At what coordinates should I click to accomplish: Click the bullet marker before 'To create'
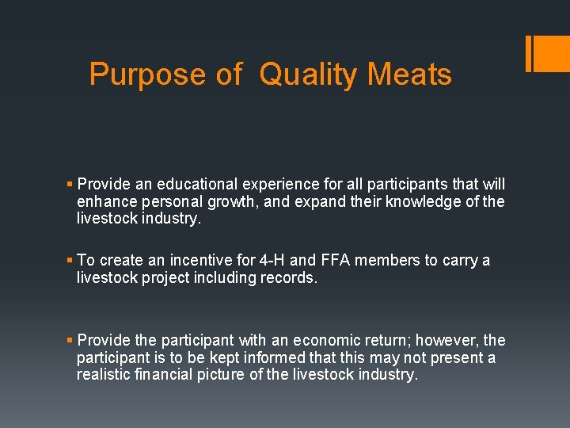[70, 261]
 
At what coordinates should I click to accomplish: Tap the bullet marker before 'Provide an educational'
[70, 185]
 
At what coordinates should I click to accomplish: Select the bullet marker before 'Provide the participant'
[70, 340]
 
